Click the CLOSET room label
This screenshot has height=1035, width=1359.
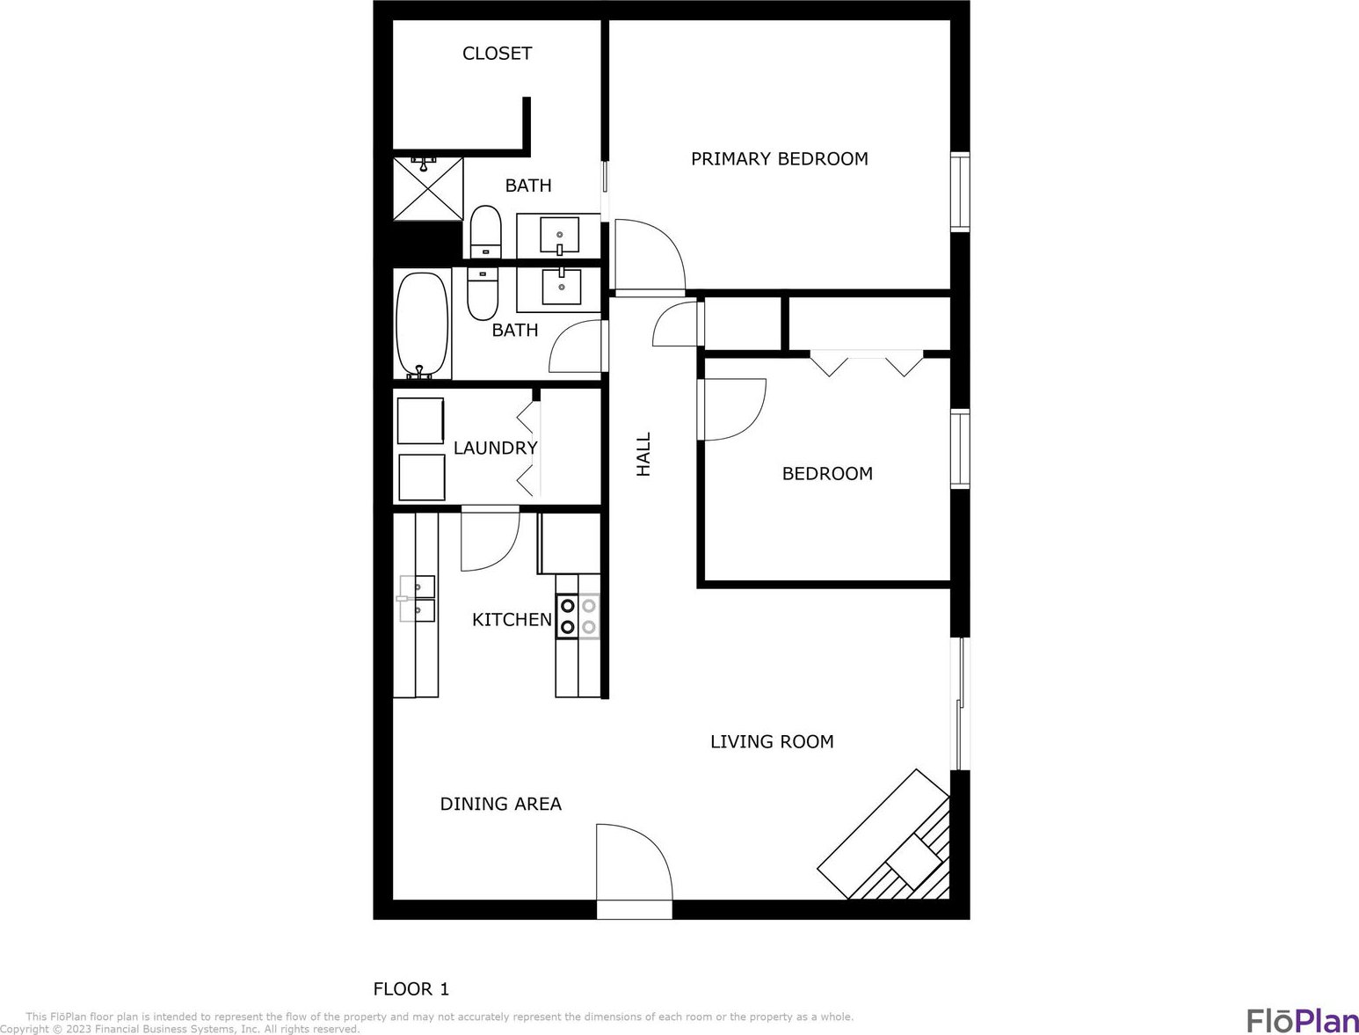pyautogui.click(x=497, y=54)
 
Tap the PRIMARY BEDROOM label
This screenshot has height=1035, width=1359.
pyautogui.click(x=780, y=159)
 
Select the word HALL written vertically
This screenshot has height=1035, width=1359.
pyautogui.click(x=644, y=454)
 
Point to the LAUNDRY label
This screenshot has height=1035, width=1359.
pyautogui.click(x=495, y=448)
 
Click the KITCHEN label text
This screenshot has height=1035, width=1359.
pyautogui.click(x=512, y=619)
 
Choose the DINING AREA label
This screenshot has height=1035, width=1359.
pyautogui.click(x=501, y=804)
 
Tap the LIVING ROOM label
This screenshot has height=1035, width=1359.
pyautogui.click(x=772, y=741)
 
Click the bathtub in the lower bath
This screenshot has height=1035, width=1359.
pyautogui.click(x=422, y=325)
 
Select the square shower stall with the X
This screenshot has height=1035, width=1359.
pyautogui.click(x=428, y=188)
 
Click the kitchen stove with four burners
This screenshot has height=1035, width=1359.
pyautogui.click(x=578, y=616)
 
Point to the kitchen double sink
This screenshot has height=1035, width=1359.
pyautogui.click(x=417, y=598)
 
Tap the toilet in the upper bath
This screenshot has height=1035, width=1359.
pyautogui.click(x=485, y=231)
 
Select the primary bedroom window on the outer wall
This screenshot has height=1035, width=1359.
pyautogui.click(x=960, y=192)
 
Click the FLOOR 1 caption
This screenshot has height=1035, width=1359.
pyautogui.click(x=411, y=989)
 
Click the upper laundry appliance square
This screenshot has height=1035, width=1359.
pyautogui.click(x=420, y=420)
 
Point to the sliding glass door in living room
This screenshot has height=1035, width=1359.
pyautogui.click(x=960, y=703)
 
